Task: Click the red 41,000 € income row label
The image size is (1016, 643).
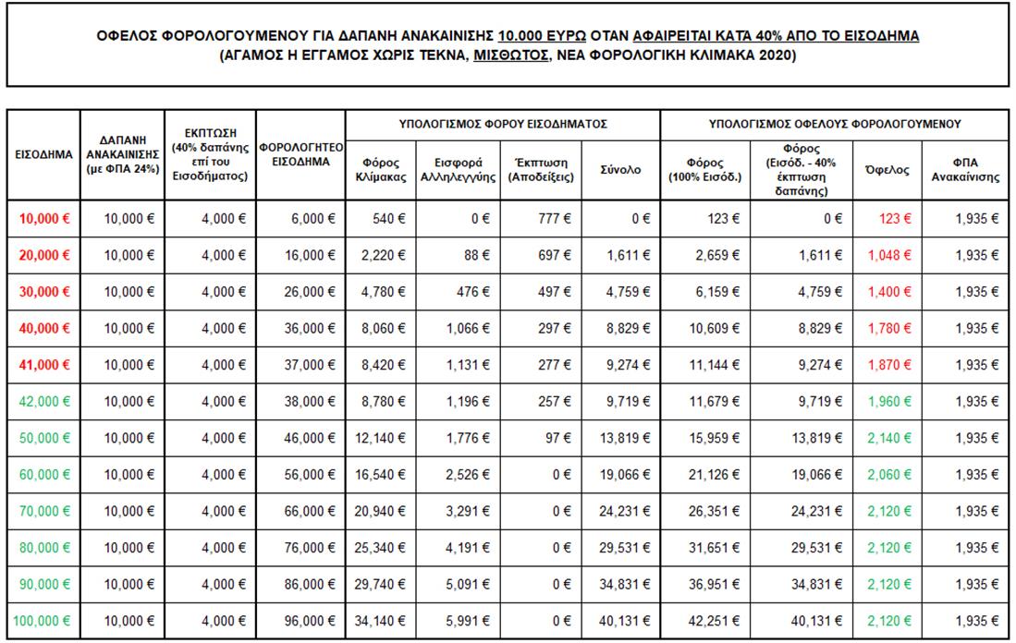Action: [x=44, y=365]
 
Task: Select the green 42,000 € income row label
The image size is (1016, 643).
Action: [x=44, y=402]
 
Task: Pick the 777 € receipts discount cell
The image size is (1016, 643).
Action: [x=554, y=219]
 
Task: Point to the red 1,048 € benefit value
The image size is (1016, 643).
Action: [x=890, y=255]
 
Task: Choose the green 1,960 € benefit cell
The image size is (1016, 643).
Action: [x=890, y=402]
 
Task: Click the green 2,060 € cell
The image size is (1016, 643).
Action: [x=890, y=475]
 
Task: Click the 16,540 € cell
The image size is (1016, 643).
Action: [x=381, y=475]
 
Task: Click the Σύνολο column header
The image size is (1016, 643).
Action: [x=621, y=170]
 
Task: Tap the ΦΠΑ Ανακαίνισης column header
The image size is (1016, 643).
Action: [x=965, y=170]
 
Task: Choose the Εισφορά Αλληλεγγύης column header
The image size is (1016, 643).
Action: [x=459, y=170]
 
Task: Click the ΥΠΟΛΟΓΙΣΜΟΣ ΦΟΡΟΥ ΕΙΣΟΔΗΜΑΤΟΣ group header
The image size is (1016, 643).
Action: [x=503, y=123]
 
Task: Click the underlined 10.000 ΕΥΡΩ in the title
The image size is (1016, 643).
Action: [x=541, y=36]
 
